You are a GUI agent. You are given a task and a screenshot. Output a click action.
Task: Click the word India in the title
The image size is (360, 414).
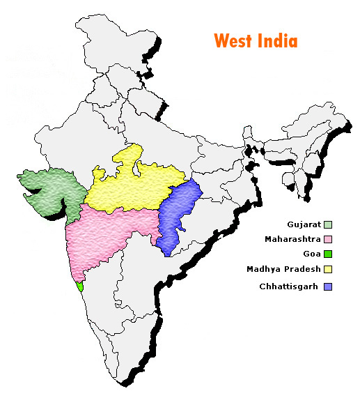coord(278,40)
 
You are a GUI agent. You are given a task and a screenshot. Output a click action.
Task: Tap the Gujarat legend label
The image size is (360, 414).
coord(303,224)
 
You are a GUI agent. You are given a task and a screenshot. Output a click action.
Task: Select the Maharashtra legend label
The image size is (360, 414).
coord(292,239)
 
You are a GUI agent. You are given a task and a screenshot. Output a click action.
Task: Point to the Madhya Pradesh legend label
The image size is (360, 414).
coord(283,269)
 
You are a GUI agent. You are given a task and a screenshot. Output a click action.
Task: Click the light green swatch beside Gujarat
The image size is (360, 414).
coord(327,224)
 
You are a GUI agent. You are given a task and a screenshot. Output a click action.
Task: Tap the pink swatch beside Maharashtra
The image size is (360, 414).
coord(327,239)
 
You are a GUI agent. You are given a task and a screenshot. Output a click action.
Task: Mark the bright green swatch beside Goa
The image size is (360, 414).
coord(327,254)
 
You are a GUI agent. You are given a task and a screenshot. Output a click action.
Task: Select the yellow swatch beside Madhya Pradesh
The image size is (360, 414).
coord(327,269)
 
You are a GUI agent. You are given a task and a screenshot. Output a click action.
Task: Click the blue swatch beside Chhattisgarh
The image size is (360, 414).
coord(327,286)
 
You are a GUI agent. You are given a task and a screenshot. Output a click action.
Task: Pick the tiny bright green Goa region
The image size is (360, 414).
coord(81,286)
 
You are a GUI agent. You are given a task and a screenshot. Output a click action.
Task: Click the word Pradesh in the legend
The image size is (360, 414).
coord(304,269)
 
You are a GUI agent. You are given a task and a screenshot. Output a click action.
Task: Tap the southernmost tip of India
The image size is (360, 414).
coord(127,383)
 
